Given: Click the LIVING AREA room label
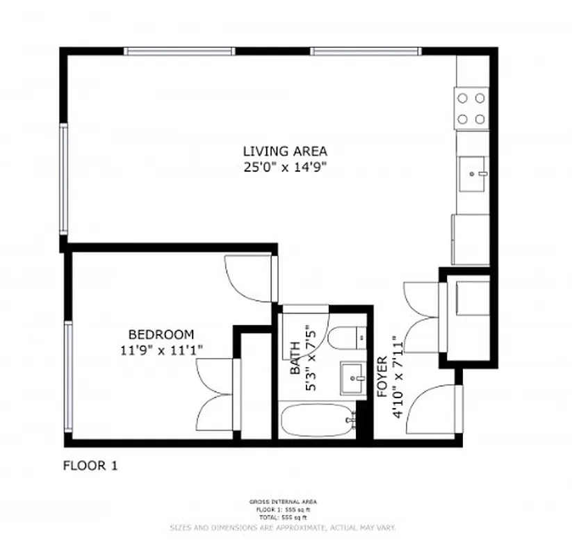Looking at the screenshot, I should (284, 151).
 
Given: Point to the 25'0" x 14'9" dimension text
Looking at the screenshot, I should (284, 167).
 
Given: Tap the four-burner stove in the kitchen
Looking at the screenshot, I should (471, 108).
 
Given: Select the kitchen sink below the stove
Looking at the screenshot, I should (473, 172).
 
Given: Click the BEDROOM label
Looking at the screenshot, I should (161, 334).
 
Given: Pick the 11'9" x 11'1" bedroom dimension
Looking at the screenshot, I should (161, 350).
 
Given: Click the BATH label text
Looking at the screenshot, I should (296, 358).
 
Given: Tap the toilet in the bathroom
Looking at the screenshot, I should (344, 339).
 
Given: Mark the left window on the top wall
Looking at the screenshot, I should (179, 51).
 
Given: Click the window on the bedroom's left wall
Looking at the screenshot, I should (67, 375).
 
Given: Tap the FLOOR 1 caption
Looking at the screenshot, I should (90, 466).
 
